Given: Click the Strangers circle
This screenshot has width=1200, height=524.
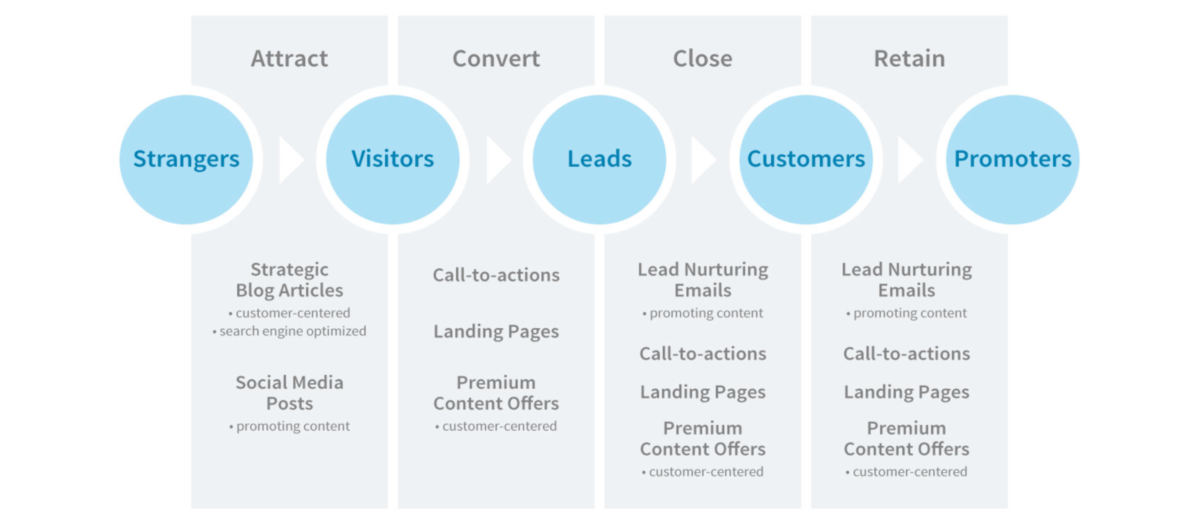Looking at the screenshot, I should coord(186,159).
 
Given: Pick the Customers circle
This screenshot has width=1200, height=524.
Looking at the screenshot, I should coord(806,159).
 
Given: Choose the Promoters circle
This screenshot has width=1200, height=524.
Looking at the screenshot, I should coord(1012,159).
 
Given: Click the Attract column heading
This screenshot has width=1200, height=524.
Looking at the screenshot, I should coord(289,59).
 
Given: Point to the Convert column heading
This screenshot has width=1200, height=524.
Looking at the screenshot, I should coord(496,59).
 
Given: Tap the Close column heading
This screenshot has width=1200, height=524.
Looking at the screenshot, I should coord(703,59).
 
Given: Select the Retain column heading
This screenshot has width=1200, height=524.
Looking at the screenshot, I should coord(909,59).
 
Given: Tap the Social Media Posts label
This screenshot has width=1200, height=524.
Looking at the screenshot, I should coord(289,393).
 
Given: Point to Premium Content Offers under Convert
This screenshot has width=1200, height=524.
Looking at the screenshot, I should coord(496,393).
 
